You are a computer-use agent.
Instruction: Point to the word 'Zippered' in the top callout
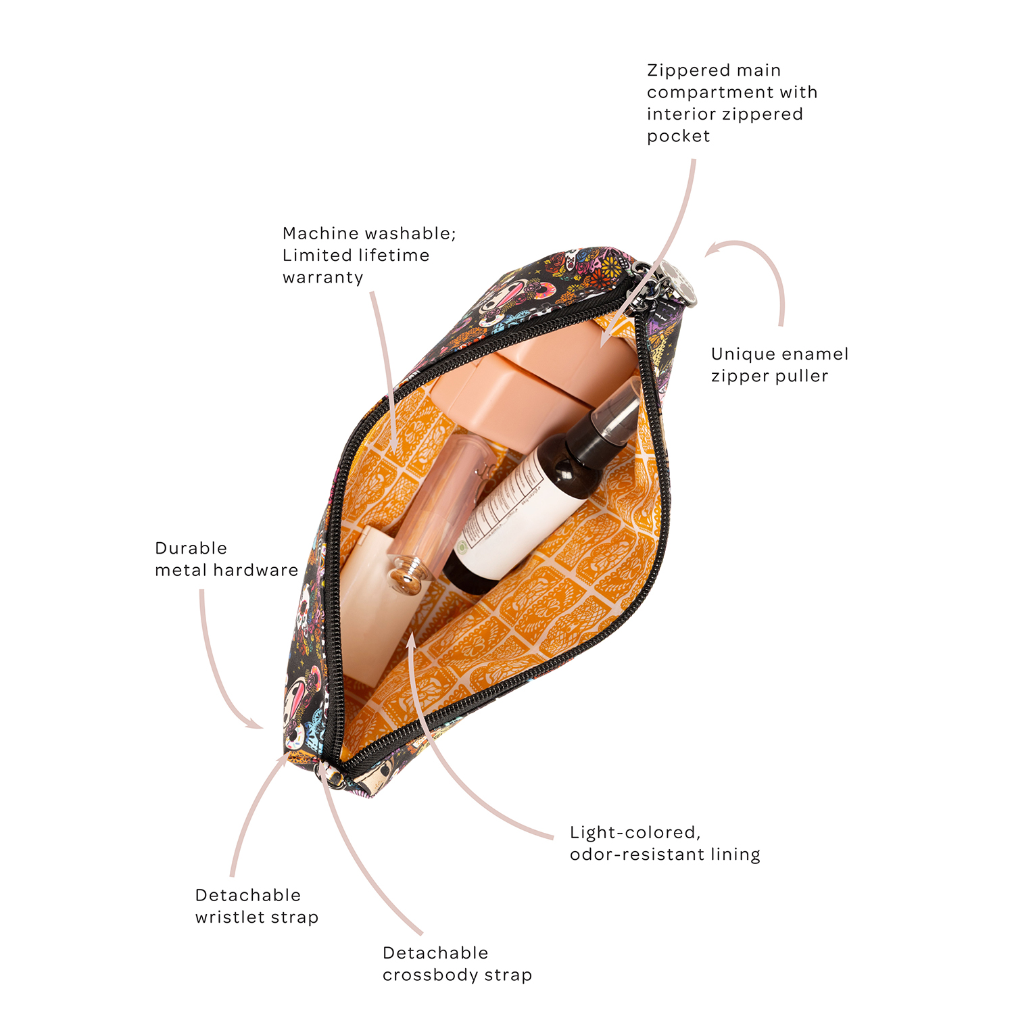coord(689,71)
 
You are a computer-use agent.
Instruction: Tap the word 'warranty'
coord(323,278)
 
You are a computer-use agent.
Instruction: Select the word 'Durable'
coord(191,548)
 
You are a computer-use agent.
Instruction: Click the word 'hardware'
coord(256,570)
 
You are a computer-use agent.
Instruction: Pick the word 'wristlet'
coord(223,917)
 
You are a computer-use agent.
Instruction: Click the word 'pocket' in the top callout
coord(679,137)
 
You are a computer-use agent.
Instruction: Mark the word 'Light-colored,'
coord(635,833)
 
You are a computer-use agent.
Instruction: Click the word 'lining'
coord(736,854)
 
